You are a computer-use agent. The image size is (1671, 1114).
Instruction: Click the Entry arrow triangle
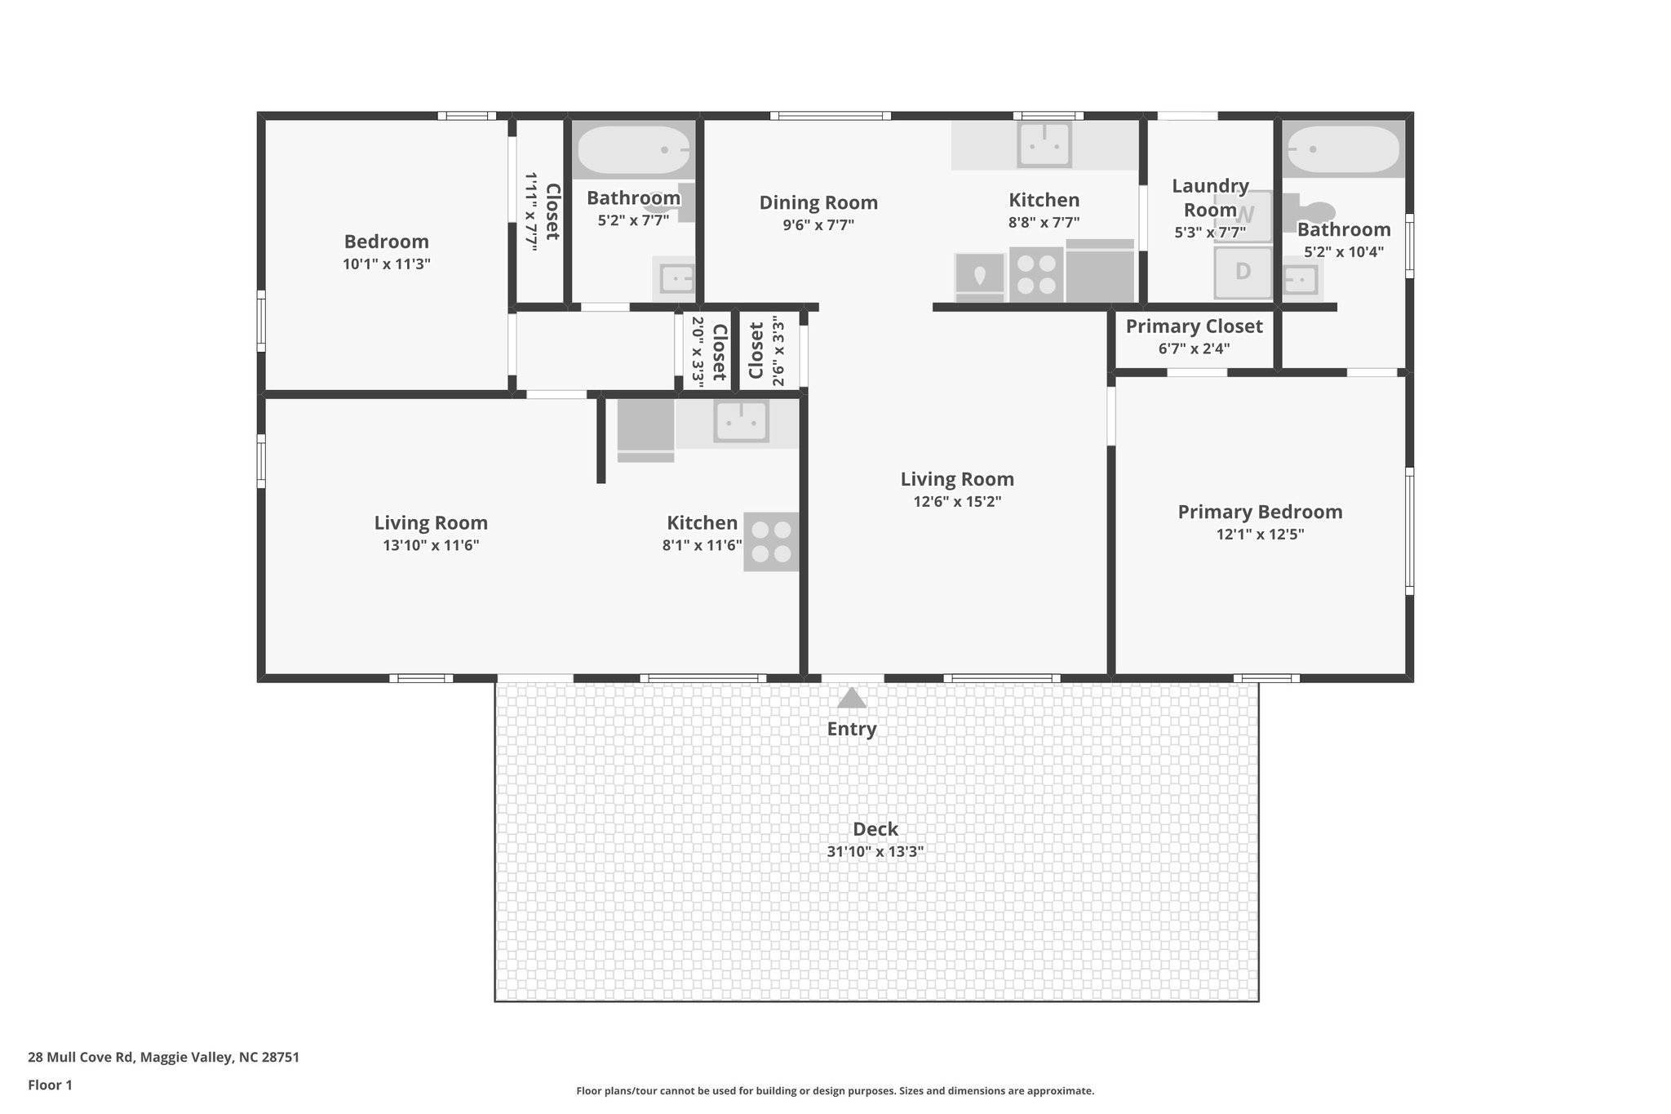(x=852, y=698)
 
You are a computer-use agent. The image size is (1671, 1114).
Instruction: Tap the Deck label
(x=875, y=829)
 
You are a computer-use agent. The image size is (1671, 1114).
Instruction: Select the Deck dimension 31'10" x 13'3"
(x=875, y=852)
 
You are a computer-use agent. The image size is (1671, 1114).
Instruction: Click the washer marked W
(x=1243, y=216)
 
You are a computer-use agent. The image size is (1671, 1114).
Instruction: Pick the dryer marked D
(x=1243, y=272)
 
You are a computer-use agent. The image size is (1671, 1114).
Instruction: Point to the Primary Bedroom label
(x=1260, y=512)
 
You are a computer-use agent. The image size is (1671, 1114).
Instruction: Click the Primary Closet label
(x=1195, y=326)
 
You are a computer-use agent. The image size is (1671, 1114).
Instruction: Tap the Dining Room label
(x=818, y=202)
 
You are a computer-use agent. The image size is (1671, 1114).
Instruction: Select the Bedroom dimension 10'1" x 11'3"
(x=387, y=264)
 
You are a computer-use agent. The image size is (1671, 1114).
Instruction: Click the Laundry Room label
(x=1210, y=198)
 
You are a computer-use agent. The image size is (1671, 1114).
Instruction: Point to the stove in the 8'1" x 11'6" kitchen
(x=771, y=542)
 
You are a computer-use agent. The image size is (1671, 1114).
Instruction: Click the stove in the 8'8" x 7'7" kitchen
(x=1036, y=274)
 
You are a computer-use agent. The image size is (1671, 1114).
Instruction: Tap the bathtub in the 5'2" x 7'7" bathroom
(x=634, y=150)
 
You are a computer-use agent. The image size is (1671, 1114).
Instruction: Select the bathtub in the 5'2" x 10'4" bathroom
(x=1343, y=150)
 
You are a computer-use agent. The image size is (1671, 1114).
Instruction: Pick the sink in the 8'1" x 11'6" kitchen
(x=741, y=421)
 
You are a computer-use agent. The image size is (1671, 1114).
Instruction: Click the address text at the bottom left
(x=163, y=1058)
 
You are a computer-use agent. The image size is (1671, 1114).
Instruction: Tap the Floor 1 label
(x=50, y=1085)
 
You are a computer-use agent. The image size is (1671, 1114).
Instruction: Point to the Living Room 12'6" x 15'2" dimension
(x=957, y=502)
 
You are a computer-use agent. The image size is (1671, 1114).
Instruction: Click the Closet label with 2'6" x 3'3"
(x=756, y=351)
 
